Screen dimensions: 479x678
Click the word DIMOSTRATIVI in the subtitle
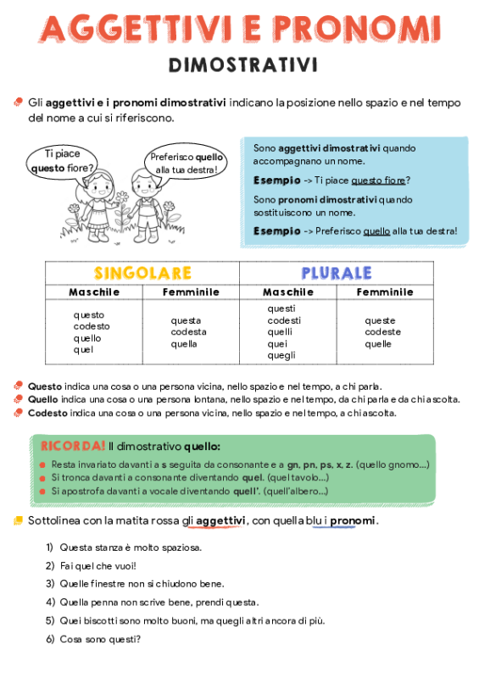click(242, 65)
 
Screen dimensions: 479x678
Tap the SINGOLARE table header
click(142, 273)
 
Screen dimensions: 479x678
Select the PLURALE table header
click(336, 273)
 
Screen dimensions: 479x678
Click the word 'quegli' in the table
click(281, 356)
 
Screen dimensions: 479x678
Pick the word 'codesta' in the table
click(188, 332)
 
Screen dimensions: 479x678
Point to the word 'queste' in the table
click(380, 320)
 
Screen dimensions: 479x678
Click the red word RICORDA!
click(72, 446)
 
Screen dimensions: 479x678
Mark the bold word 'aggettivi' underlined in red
click(220, 520)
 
